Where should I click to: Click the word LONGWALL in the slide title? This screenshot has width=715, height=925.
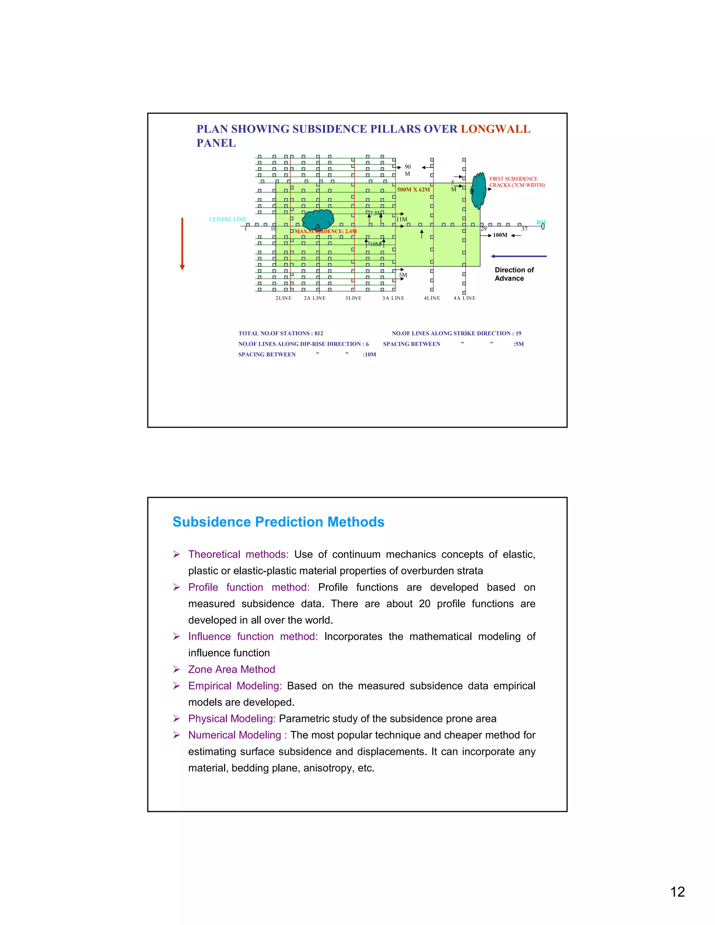pyautogui.click(x=495, y=129)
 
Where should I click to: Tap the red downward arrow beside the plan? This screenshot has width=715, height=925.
pyautogui.click(x=182, y=244)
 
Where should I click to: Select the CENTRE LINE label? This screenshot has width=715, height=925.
pyautogui.click(x=228, y=220)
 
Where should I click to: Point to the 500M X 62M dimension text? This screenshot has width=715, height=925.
pyautogui.click(x=413, y=190)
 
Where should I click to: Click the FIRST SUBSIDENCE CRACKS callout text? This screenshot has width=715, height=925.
pyautogui.click(x=516, y=182)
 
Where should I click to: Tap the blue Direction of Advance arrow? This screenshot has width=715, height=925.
pyautogui.click(x=518, y=256)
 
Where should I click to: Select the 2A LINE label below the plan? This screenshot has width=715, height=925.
pyautogui.click(x=315, y=298)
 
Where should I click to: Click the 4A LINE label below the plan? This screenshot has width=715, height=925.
pyautogui.click(x=464, y=298)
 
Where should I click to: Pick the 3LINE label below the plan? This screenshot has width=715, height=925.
pyautogui.click(x=353, y=298)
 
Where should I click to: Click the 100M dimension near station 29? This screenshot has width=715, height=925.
pyautogui.click(x=500, y=235)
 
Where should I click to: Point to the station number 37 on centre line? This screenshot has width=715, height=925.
pyautogui.click(x=524, y=229)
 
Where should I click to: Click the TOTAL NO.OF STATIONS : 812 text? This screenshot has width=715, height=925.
pyautogui.click(x=280, y=333)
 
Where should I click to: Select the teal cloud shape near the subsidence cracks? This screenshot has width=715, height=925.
pyautogui.click(x=479, y=190)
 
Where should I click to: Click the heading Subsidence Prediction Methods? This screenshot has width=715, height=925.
pyautogui.click(x=278, y=522)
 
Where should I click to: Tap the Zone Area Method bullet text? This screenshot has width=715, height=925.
pyautogui.click(x=232, y=669)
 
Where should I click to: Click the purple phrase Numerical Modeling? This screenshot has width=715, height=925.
pyautogui.click(x=235, y=735)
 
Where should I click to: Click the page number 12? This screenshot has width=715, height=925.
pyautogui.click(x=677, y=891)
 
